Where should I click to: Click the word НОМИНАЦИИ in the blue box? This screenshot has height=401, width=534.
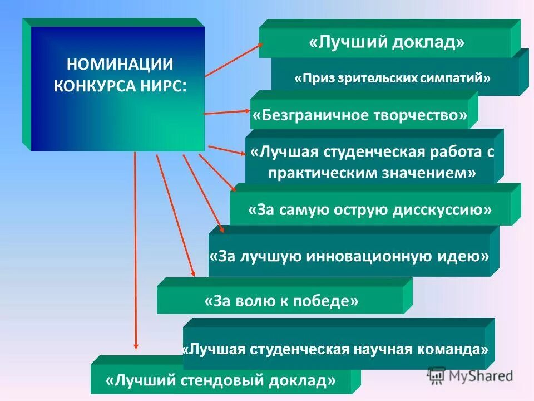tap(120, 63)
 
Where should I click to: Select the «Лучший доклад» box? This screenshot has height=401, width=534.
tap(387, 43)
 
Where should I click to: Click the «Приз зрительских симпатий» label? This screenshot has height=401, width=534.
tap(392, 78)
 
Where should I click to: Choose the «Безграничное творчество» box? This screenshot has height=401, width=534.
tap(360, 116)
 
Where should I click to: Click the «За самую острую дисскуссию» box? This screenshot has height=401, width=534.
tap(370, 209)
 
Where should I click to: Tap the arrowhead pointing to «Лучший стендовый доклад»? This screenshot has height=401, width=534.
tap(135, 348)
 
